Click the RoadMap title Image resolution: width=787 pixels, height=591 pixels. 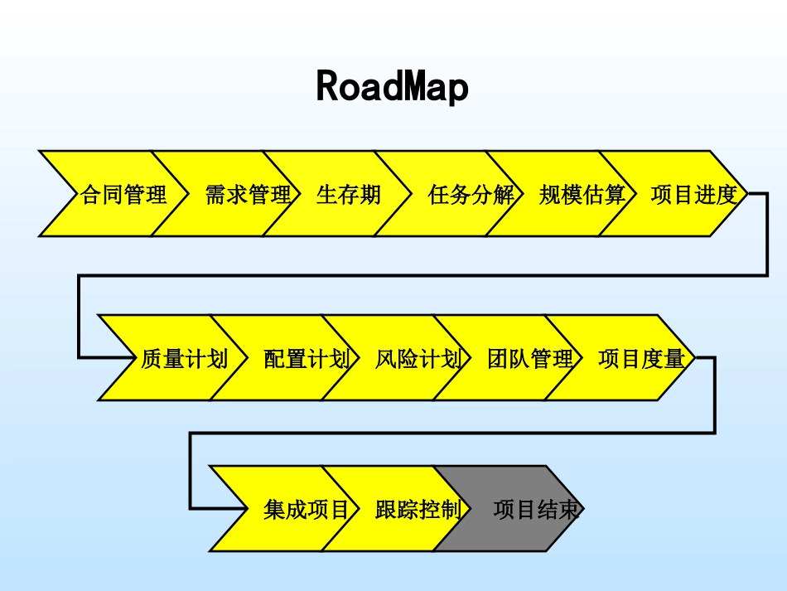pos(393,87)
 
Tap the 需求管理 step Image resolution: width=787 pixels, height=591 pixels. pos(248,195)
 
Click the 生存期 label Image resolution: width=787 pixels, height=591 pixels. pos(349,195)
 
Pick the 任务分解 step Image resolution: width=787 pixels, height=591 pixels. pos(471,195)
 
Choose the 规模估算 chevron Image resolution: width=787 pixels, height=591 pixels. pos(582,195)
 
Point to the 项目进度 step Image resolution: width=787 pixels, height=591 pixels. pos(693,195)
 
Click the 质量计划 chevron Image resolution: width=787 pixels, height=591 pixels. pos(184,359)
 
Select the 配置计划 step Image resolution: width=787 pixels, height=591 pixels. pos(306,359)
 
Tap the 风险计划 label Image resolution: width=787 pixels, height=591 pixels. pos(418,359)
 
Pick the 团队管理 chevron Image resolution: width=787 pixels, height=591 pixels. pos(529,359)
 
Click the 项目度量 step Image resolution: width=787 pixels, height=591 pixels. pos(641,359)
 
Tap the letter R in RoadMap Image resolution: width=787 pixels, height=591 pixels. pos(329,87)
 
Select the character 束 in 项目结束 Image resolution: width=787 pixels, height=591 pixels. pos(569,509)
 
